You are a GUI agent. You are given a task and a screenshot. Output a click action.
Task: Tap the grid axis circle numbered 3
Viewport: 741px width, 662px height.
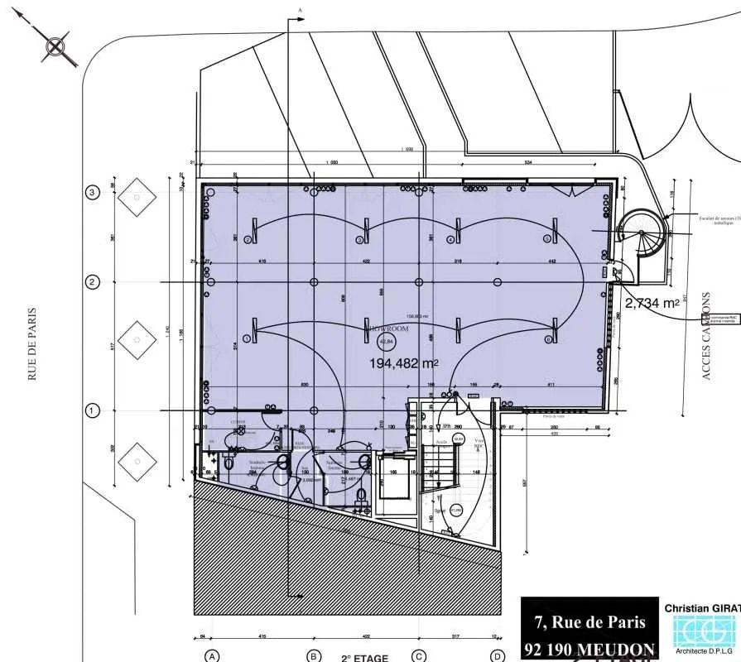point(93,193)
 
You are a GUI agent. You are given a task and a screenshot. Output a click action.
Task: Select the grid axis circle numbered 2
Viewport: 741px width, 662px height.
point(93,282)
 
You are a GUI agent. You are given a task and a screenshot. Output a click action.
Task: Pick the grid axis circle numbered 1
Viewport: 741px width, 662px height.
point(93,410)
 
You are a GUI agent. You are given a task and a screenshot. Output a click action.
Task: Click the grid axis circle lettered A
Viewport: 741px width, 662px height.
point(213,656)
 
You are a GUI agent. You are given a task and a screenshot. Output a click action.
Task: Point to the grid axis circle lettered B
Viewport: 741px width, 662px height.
point(314,656)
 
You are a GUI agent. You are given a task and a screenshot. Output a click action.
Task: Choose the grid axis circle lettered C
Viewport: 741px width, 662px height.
point(420,656)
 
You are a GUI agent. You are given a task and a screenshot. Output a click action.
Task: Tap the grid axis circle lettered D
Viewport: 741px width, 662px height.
point(498,656)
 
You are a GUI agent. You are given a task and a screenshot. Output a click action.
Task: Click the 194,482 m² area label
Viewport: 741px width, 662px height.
point(404,363)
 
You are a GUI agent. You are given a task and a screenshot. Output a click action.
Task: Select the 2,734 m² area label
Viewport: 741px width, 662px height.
point(652,304)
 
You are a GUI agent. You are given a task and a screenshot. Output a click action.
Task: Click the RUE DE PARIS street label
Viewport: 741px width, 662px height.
point(33,343)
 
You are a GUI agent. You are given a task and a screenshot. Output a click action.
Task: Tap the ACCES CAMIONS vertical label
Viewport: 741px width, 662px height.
point(706,335)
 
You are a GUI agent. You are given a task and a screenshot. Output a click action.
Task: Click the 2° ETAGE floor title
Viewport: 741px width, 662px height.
point(365,658)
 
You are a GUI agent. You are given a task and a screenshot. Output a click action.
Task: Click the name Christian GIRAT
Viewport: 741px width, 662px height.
point(702,608)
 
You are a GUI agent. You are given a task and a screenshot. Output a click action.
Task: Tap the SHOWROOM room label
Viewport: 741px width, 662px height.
point(387,329)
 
